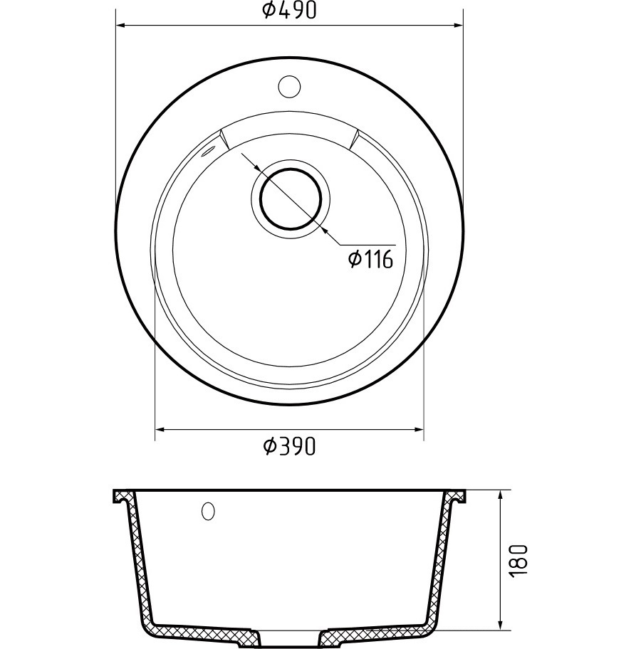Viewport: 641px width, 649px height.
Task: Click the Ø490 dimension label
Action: (x=289, y=11)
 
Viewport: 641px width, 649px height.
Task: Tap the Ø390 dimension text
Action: (x=289, y=446)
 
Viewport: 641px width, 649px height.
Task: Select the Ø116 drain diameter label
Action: (x=370, y=260)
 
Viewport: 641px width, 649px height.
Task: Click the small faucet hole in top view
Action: (x=289, y=87)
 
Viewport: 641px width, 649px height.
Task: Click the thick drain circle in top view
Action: (x=290, y=199)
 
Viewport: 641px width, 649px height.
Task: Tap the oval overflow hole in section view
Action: (x=208, y=511)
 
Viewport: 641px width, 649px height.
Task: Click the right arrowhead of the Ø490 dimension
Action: (x=458, y=26)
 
